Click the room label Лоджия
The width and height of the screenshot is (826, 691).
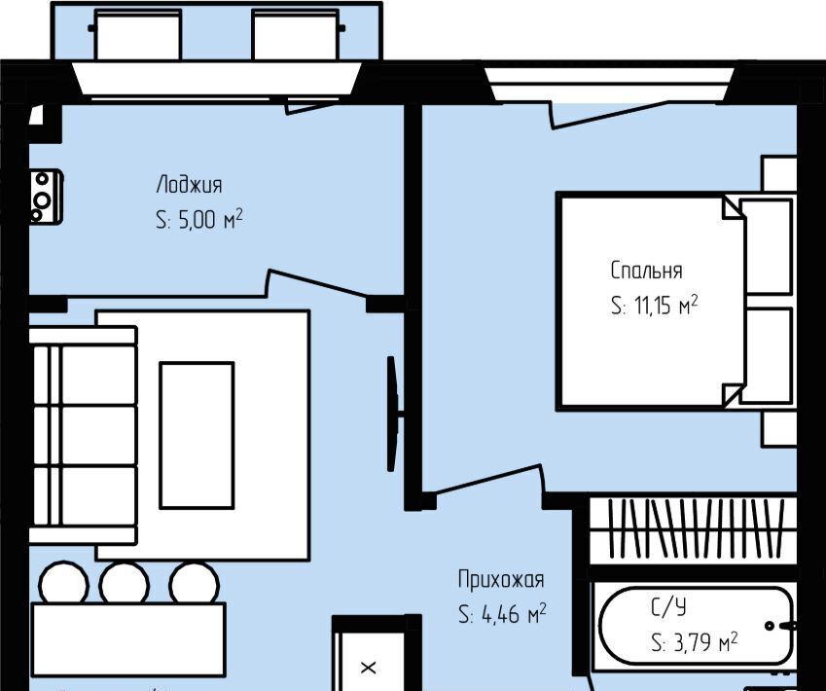click(x=189, y=186)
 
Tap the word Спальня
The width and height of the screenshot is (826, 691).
click(x=646, y=271)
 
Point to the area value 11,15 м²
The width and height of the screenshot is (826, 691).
click(x=666, y=305)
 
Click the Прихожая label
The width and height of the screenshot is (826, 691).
click(x=500, y=579)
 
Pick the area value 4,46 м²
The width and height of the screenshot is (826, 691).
click(x=514, y=614)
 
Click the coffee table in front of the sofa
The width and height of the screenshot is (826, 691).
click(x=197, y=435)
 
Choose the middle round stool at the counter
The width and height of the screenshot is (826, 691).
click(x=125, y=584)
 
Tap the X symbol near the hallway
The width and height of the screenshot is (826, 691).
click(x=368, y=668)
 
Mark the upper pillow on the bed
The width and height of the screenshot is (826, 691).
click(x=766, y=246)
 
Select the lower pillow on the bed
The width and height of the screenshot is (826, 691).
click(x=766, y=356)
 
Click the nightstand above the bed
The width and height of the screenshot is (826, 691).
click(x=778, y=174)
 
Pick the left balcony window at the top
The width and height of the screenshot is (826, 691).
click(x=138, y=35)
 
